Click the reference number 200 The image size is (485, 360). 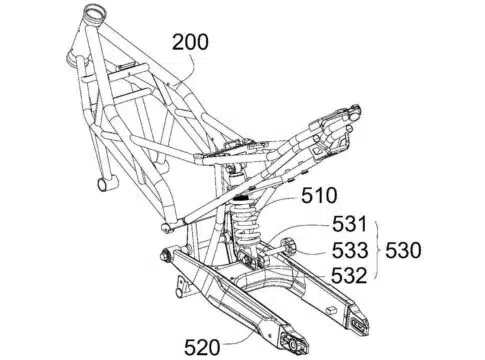190,42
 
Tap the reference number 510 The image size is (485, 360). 319,196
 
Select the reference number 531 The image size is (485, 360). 349,224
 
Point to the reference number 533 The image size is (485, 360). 350,250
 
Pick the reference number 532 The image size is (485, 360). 349,275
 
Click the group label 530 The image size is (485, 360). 403,250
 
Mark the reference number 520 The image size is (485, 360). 202,347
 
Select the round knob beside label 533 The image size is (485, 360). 288,247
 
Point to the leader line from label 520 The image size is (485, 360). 242,336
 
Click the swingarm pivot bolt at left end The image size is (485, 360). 166,256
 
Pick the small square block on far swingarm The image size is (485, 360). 331,309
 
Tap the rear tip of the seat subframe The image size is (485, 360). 355,112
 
